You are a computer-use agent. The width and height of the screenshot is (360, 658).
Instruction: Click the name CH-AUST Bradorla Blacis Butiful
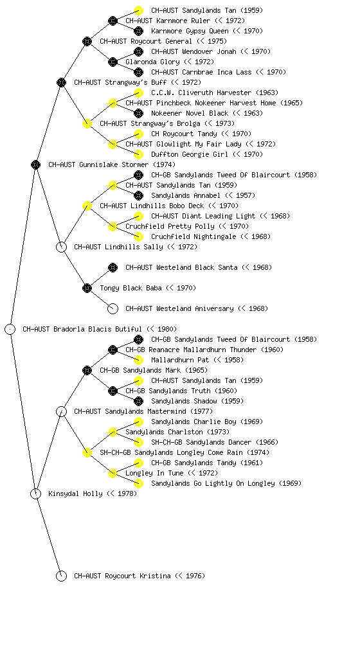(82, 329)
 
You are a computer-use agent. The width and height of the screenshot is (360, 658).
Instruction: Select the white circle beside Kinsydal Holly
(35, 489)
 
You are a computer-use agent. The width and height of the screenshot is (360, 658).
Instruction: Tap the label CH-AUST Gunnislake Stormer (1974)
(112, 164)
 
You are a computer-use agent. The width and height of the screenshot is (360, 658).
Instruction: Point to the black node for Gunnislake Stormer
(35, 164)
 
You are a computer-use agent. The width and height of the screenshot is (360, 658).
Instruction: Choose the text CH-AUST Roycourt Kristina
(123, 576)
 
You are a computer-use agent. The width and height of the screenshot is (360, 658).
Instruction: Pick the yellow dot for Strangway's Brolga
(87, 123)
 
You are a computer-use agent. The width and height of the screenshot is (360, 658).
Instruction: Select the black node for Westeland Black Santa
(113, 267)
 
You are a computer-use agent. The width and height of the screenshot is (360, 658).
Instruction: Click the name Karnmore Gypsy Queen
(190, 31)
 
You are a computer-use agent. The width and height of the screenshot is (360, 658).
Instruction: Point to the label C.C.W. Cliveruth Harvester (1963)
(215, 93)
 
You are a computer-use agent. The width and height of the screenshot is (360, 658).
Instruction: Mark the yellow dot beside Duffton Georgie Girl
(138, 154)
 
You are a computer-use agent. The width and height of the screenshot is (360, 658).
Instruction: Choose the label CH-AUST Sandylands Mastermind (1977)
(143, 411)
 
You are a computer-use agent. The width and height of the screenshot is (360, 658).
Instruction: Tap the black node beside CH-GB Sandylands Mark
(87, 370)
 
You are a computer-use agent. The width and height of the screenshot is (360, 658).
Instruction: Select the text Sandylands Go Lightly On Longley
(213, 483)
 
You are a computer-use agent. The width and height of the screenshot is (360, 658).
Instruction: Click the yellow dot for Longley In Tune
(113, 473)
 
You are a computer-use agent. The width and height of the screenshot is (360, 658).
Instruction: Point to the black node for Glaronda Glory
(113, 62)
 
